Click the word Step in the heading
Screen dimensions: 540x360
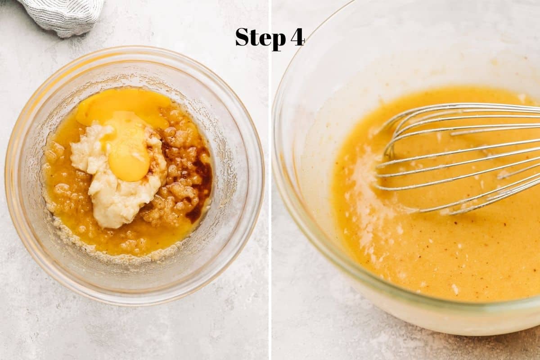point(261,38)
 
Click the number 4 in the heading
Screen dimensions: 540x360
point(297,37)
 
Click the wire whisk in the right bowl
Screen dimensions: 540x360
point(458,157)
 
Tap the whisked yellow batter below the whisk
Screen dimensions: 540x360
point(446,253)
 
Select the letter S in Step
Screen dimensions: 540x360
point(243,37)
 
